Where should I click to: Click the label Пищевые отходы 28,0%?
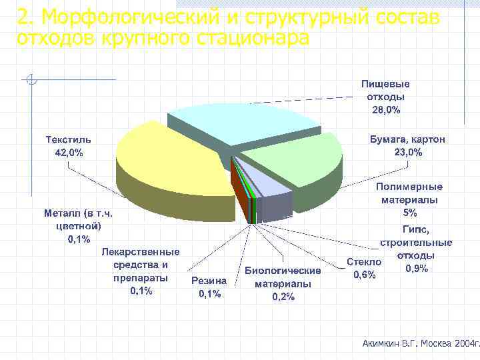(x=385, y=97)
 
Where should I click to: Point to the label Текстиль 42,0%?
(x=68, y=146)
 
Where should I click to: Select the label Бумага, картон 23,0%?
(x=407, y=146)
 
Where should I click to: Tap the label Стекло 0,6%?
(x=364, y=269)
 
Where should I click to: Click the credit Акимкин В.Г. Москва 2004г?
(x=420, y=343)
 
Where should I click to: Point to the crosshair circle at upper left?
(x=31, y=81)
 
